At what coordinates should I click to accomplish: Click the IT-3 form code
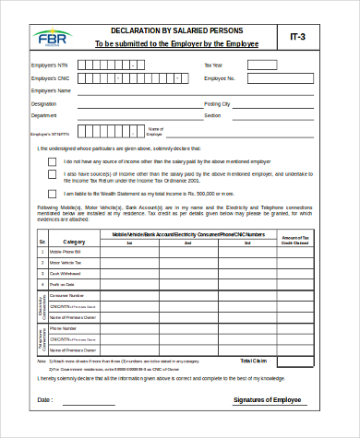[298, 38]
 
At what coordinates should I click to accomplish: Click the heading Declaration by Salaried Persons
[177, 30]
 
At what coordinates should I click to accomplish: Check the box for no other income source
[53, 160]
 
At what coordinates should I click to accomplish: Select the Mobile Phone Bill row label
[66, 252]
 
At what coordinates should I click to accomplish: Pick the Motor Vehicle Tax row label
[66, 263]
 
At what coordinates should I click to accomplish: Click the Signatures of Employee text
[268, 400]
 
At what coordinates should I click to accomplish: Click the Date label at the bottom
[45, 400]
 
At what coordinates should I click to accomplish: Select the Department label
[44, 116]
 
